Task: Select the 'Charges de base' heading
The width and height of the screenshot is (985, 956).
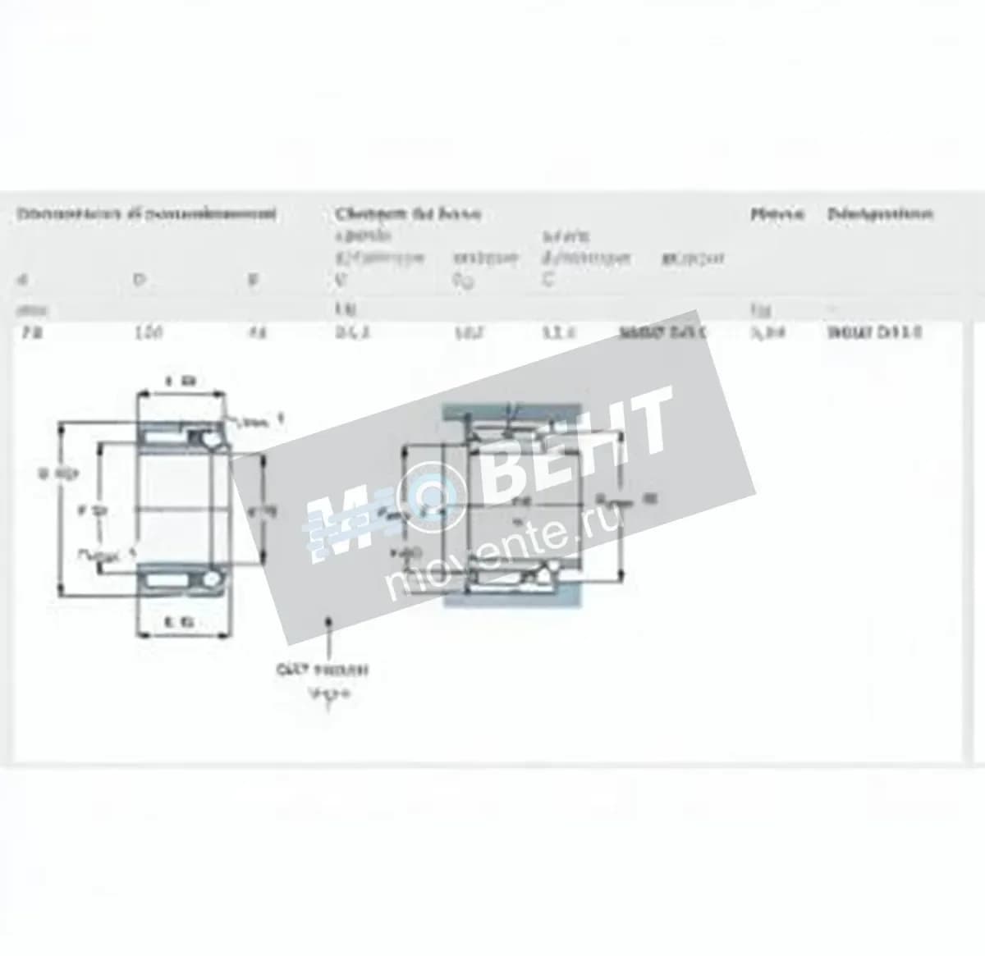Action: click(407, 215)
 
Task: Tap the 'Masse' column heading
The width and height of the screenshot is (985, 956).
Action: click(776, 215)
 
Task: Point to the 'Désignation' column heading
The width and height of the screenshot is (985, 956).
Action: click(879, 215)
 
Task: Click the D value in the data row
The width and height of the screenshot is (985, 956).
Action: click(149, 332)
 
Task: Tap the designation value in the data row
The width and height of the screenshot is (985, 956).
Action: click(875, 332)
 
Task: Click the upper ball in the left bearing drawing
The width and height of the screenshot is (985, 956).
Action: click(210, 441)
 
